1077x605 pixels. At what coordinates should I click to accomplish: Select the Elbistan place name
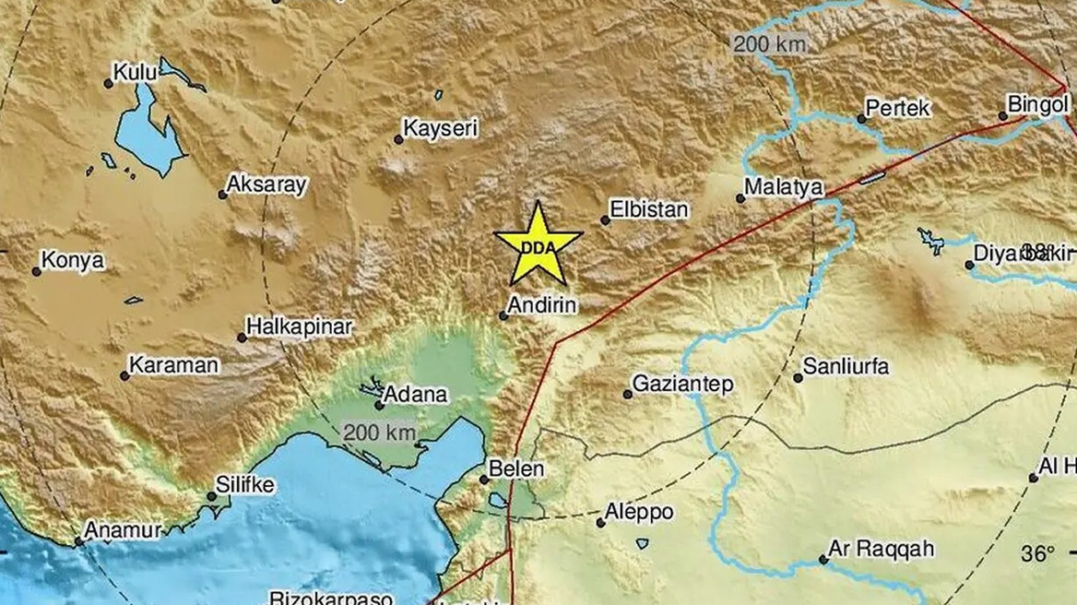tap(651, 209)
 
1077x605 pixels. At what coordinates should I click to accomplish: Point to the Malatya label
tap(783, 187)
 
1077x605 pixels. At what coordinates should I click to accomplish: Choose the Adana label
tap(416, 395)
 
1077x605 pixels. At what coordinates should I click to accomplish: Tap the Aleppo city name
tap(639, 512)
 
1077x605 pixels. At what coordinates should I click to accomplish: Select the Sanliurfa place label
tap(846, 367)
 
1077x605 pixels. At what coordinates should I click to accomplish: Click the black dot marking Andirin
tap(503, 315)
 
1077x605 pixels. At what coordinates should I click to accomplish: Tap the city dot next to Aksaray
tap(223, 195)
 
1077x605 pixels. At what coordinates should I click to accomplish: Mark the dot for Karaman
tap(124, 375)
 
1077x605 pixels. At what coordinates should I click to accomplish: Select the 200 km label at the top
tap(769, 42)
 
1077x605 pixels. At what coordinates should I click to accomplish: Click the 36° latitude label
tap(1037, 554)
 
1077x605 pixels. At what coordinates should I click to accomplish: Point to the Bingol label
tap(1037, 105)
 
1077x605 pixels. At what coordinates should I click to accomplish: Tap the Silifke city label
tap(244, 485)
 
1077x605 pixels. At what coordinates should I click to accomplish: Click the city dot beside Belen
tap(484, 479)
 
